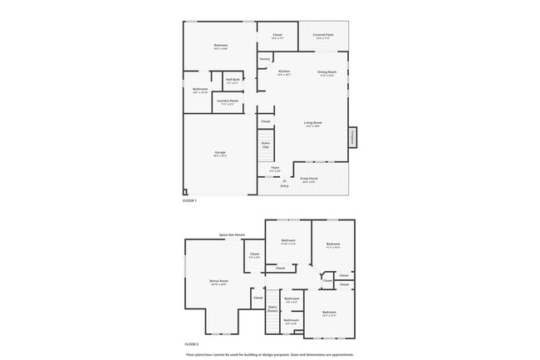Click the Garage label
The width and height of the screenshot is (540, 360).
pyautogui.click(x=220, y=153)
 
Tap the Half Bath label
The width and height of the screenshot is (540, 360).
pyautogui.click(x=232, y=81)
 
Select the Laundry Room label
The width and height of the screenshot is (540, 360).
pyautogui.click(x=228, y=101)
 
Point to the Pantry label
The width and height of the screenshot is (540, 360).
pyautogui.click(x=264, y=59)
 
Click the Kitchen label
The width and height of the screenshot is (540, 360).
pyautogui.click(x=284, y=72)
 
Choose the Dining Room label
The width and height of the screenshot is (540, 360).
pyautogui.click(x=326, y=72)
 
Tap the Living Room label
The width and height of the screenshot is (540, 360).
pyautogui.click(x=313, y=123)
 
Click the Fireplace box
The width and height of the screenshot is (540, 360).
pyautogui.click(x=352, y=137)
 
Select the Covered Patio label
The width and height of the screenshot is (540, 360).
pyautogui.click(x=323, y=35)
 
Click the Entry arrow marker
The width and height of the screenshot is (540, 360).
pyautogui.click(x=284, y=180)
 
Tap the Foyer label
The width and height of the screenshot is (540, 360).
pyautogui.click(x=275, y=168)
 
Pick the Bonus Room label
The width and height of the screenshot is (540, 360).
pyautogui.click(x=218, y=281)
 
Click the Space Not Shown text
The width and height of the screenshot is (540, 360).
pyautogui.click(x=232, y=234)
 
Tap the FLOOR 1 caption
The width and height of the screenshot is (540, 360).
pyautogui.click(x=189, y=201)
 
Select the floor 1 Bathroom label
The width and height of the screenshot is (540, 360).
pyautogui.click(x=200, y=89)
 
